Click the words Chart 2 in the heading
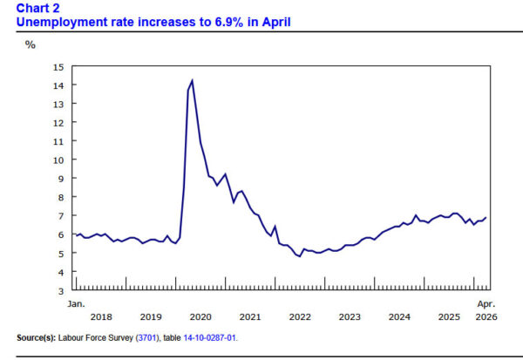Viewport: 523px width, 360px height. coord(37,8)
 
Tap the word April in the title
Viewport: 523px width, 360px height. coord(276,23)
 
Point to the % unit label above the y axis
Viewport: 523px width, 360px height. coord(31,44)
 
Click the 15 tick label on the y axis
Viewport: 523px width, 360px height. coord(58,67)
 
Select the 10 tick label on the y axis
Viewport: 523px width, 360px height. coord(58,160)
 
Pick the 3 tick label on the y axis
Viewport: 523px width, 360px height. coord(61,291)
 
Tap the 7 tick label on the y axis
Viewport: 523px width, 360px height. coord(61,216)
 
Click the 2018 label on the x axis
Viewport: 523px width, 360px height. coord(101,316)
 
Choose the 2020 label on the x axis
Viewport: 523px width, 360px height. coord(200,316)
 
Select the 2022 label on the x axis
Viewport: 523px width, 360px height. coord(300,316)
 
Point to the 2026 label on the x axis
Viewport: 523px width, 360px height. coord(486,316)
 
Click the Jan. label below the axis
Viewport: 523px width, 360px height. coord(77,304)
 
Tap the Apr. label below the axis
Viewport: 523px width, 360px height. coord(486,304)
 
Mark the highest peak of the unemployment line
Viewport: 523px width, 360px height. coord(192,80)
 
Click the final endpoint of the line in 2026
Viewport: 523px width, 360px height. coord(486,218)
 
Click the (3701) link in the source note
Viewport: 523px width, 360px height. coord(146,338)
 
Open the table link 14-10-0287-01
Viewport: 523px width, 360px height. coord(209,338)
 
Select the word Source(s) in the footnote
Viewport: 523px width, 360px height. coord(36,338)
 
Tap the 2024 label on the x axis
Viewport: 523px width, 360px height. coord(399,316)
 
